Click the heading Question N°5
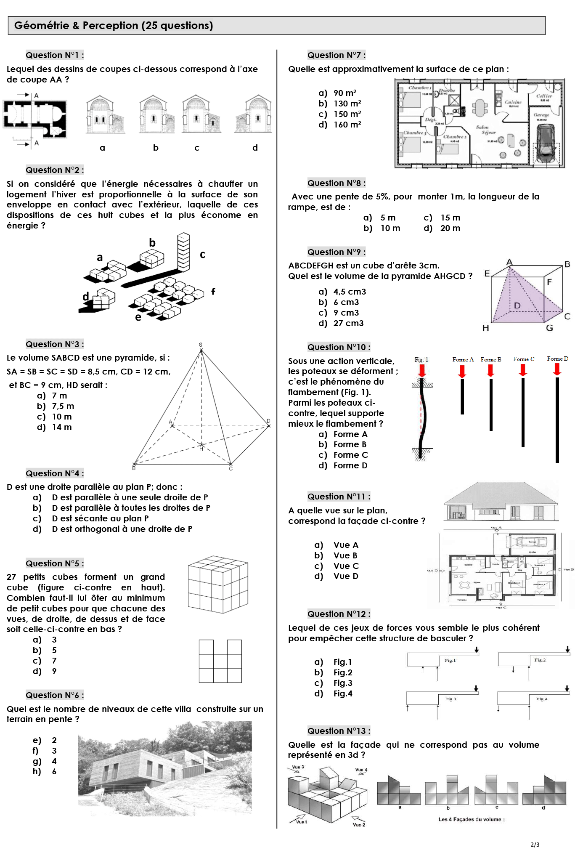click(x=55, y=563)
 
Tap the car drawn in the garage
click(x=546, y=143)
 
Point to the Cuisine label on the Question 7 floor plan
click(x=513, y=102)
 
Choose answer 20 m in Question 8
click(x=450, y=228)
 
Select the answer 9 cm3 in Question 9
click(x=346, y=313)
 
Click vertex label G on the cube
click(x=549, y=328)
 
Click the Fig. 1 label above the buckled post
click(x=421, y=359)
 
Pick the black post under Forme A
click(x=462, y=396)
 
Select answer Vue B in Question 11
click(x=345, y=555)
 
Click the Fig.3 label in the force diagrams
click(x=450, y=699)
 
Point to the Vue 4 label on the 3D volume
click(x=361, y=770)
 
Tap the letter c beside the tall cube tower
click(x=202, y=254)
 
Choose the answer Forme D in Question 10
click(x=350, y=465)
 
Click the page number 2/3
click(x=535, y=844)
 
